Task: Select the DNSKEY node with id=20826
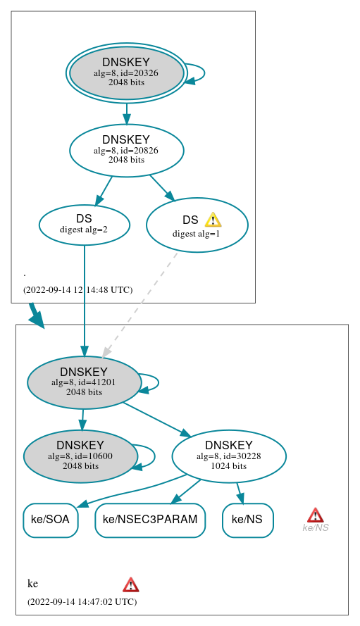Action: [x=126, y=150]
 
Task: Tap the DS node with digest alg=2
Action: [x=84, y=225]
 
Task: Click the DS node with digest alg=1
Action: [x=197, y=225]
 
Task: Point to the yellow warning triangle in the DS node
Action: [x=213, y=220]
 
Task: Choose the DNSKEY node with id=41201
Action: [x=84, y=382]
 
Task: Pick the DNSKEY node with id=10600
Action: [x=80, y=456]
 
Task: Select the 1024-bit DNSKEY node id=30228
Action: [x=228, y=456]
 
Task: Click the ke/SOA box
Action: [x=51, y=520]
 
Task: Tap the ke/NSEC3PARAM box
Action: [x=150, y=520]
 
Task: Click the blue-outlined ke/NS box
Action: [x=247, y=520]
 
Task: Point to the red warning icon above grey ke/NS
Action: [x=315, y=515]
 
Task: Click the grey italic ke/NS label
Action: [x=315, y=528]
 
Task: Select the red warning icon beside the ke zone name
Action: [x=130, y=584]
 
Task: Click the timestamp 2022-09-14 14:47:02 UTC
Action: [x=82, y=602]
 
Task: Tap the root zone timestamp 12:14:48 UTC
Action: [x=77, y=289]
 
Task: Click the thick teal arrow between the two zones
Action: [x=35, y=315]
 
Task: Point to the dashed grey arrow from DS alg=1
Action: [x=141, y=303]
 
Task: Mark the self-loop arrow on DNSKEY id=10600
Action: [x=149, y=456]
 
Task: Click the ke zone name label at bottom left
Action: [x=32, y=584]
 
